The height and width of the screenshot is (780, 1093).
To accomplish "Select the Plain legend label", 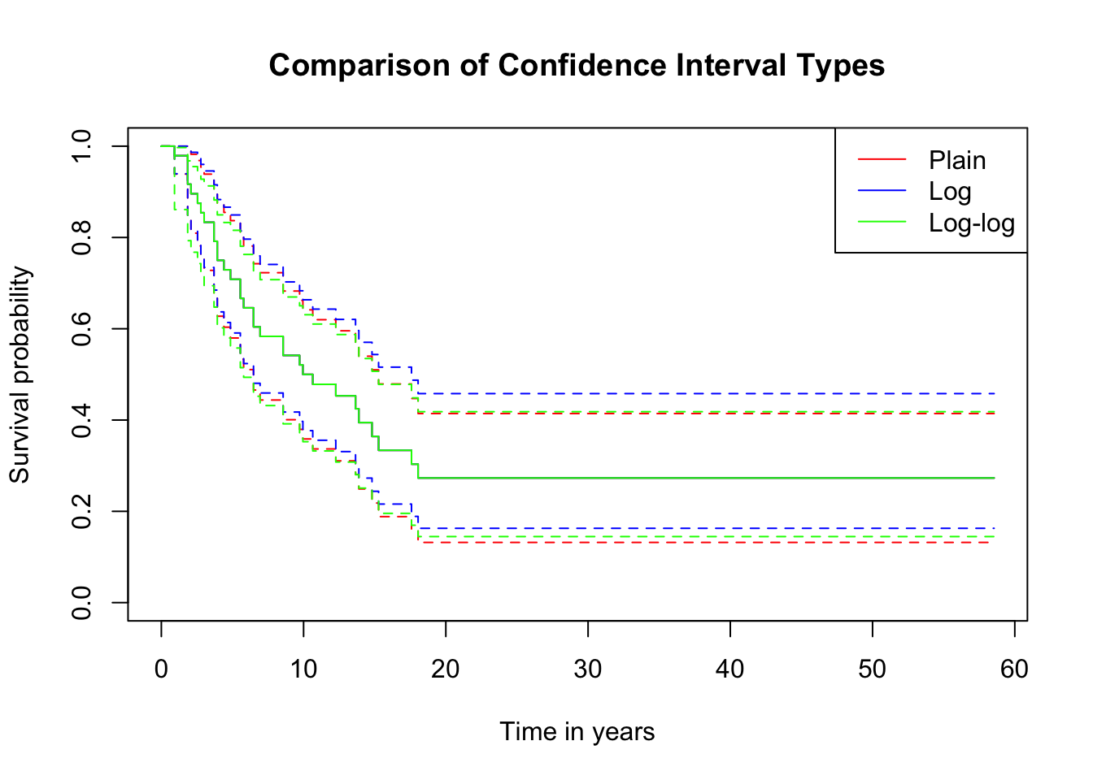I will pos(957,160).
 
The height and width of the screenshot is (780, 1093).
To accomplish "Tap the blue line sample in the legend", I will pos(882,191).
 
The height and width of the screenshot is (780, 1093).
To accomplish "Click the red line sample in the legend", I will pos(882,160).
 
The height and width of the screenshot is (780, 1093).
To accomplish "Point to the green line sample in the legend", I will pos(882,223).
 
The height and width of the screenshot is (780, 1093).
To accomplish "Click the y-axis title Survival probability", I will pos(20,375).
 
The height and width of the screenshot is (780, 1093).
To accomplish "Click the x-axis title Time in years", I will pos(577,731).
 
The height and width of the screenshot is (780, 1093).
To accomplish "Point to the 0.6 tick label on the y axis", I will pos(81,328).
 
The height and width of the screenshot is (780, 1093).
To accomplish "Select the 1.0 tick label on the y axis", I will pos(81,146).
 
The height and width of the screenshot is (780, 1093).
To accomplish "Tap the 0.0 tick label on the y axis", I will pos(81,602).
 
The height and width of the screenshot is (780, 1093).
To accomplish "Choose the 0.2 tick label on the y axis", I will pos(81,511).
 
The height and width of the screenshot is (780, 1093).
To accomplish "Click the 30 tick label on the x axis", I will pos(587,669).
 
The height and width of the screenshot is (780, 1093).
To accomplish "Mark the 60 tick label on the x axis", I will pos(1014,669).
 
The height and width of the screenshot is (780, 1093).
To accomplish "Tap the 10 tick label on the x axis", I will pos(303,669).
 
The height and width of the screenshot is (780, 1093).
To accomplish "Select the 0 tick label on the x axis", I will pos(161,669).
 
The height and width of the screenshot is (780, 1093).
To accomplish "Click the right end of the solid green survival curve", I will pos(994,478).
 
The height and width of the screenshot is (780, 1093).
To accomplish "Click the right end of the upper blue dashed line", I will pos(994,393).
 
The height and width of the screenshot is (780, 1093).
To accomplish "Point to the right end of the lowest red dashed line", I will pos(994,542).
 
